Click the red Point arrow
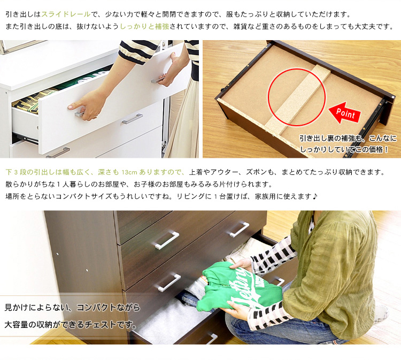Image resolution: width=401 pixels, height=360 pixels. click(x=344, y=113)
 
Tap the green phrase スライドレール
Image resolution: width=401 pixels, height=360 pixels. click(x=66, y=14)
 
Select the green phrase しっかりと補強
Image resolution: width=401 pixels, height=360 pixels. click(x=144, y=26)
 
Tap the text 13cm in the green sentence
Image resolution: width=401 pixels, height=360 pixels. click(x=129, y=172)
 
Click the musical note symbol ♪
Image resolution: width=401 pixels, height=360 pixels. click(x=315, y=196)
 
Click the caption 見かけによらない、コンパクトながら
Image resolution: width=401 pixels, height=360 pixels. click(x=72, y=307)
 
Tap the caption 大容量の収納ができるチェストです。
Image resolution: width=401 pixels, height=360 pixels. click(x=71, y=325)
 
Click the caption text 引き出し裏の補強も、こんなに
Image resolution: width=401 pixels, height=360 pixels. click(x=348, y=139)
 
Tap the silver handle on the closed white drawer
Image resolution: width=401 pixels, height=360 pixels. click(x=132, y=119)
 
